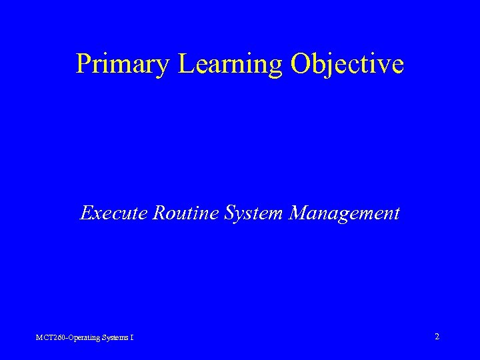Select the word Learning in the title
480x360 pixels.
click(x=221, y=63)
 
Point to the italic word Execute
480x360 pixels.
click(x=113, y=213)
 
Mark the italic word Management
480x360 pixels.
click(x=345, y=213)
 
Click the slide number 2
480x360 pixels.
click(x=437, y=337)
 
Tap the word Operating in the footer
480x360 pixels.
click(x=82, y=338)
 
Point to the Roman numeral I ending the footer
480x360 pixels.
click(x=132, y=338)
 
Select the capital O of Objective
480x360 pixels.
click(x=301, y=63)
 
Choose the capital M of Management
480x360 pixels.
click(x=299, y=213)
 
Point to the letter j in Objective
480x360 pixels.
click(x=333, y=65)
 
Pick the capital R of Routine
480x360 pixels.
click(x=159, y=213)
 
